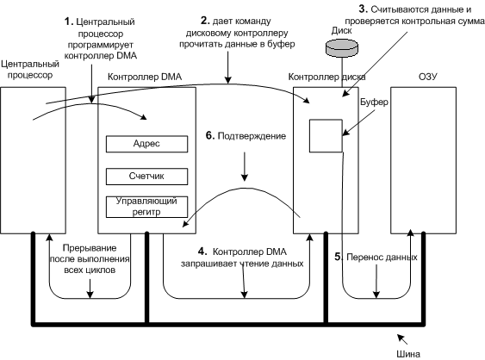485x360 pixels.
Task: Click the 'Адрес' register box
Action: coord(146,144)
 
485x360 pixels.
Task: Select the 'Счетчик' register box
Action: coord(146,177)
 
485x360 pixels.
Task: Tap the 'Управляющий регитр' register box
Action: coord(146,207)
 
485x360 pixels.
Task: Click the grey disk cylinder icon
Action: coord(342,48)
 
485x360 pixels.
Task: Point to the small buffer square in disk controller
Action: coord(326,136)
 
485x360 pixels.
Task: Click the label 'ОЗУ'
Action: coord(428,77)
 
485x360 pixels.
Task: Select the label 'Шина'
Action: coord(408,354)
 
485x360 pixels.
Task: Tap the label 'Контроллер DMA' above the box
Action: coord(145,77)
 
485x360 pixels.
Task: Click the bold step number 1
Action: coord(68,22)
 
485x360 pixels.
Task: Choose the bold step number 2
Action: coord(205,21)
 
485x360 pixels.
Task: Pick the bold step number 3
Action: coord(363,9)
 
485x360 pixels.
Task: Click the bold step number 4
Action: coord(202,251)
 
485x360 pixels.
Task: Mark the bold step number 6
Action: coord(210,136)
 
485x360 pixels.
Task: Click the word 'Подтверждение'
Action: coord(252,136)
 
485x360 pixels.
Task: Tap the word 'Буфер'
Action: coord(374,102)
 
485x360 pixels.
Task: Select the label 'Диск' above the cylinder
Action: coord(341,31)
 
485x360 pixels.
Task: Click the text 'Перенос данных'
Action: coord(382,258)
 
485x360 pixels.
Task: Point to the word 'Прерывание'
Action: coord(90,248)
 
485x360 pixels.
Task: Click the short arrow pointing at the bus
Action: coord(402,339)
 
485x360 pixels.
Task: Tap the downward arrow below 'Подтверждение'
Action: coord(245,166)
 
